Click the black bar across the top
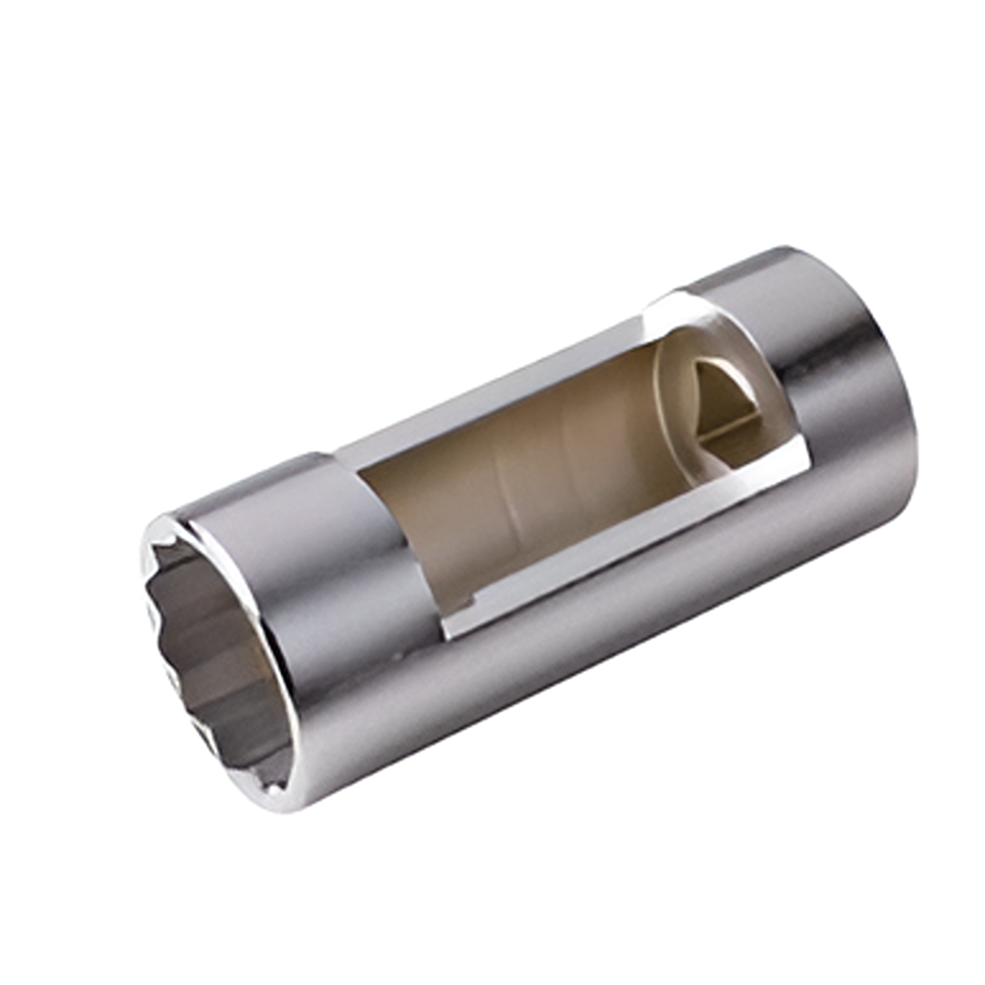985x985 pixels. coord(492,76)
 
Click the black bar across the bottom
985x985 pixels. coord(492,909)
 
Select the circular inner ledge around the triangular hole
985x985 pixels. coord(676,407)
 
